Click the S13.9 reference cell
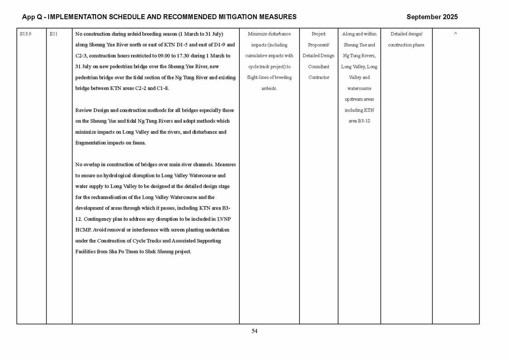tap(26, 34)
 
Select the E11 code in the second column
tap(53, 34)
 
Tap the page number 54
tap(254, 331)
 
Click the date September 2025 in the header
tap(432, 17)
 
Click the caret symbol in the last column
tap(456, 34)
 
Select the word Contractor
tap(319, 78)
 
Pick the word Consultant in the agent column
tap(319, 67)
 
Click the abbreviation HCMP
tap(83, 230)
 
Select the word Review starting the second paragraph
tap(83, 110)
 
